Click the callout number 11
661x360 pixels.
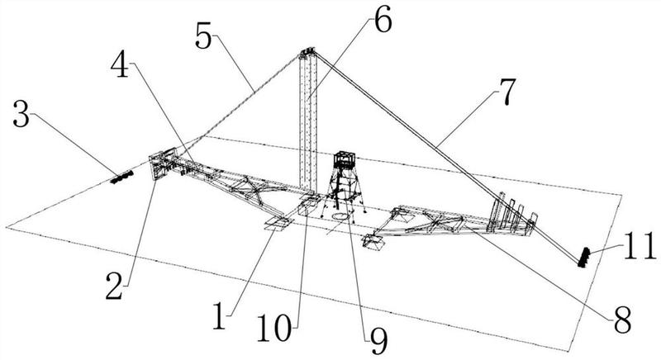coord(638,245)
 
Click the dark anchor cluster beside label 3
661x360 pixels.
coord(123,176)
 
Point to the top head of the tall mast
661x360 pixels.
coord(308,54)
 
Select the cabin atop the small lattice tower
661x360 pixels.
coord(343,160)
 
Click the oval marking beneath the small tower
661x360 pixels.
coord(340,217)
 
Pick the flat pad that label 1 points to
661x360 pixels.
coord(277,223)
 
